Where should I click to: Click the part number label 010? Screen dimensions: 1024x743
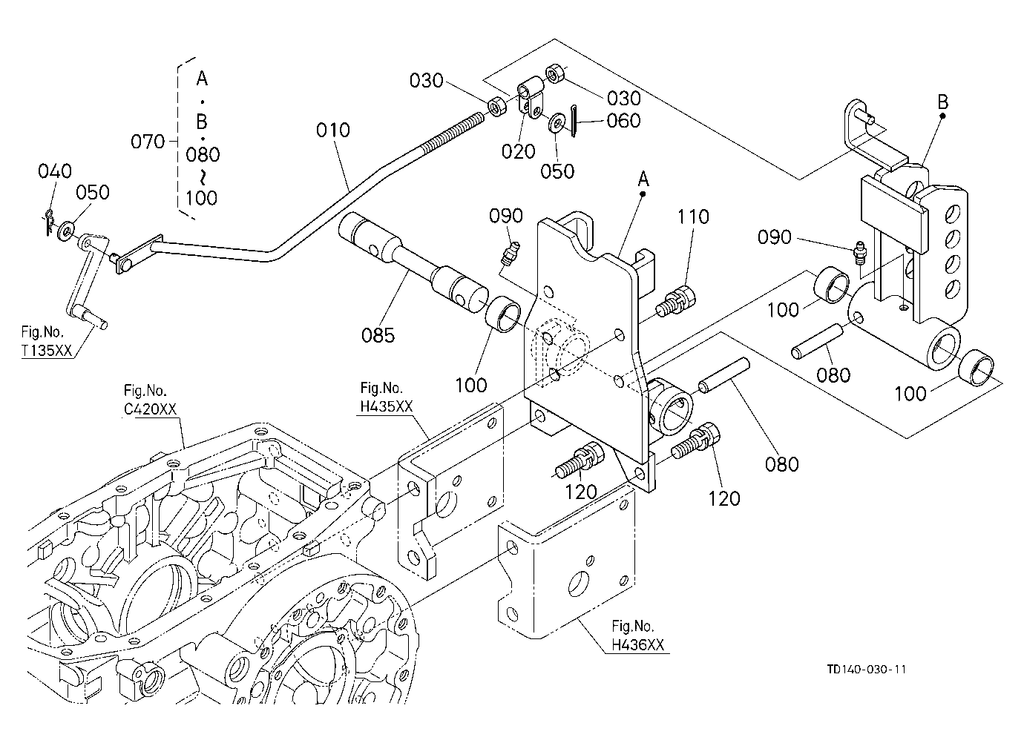[x=332, y=131]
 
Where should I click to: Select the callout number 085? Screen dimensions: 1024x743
[x=378, y=335]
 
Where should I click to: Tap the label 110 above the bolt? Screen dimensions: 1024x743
[x=693, y=217]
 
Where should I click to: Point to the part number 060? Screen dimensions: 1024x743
[x=623, y=121]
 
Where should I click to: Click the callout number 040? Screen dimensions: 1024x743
[x=55, y=171]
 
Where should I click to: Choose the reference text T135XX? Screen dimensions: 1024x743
[x=47, y=351]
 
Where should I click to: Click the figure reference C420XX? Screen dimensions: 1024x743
[x=150, y=409]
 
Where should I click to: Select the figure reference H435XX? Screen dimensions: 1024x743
[x=387, y=406]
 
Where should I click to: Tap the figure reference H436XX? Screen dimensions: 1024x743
[x=637, y=644]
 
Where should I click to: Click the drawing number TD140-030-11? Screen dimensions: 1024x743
[x=867, y=670]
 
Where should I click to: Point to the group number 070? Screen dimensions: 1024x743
[x=148, y=142]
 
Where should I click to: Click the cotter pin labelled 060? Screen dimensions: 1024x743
[x=574, y=121]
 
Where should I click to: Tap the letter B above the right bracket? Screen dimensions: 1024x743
[x=942, y=102]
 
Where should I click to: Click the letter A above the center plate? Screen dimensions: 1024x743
[x=643, y=179]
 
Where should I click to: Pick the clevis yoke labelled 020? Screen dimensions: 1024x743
[x=531, y=98]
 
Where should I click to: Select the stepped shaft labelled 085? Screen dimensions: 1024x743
[x=413, y=264]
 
